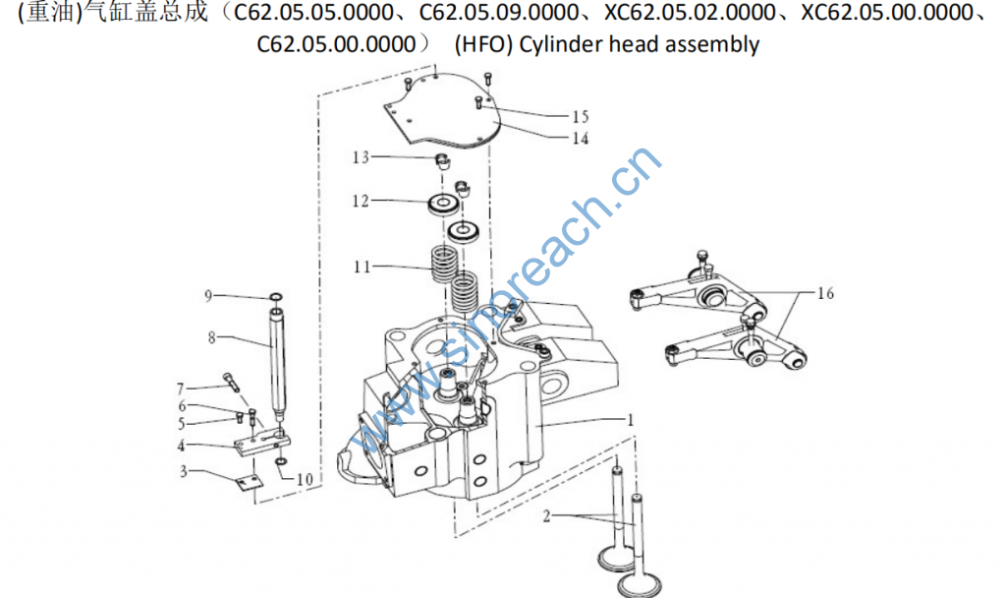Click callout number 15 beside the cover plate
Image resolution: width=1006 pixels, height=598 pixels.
click(580, 116)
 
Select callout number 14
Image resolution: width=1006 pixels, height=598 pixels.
click(580, 138)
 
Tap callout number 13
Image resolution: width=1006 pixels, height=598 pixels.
click(361, 157)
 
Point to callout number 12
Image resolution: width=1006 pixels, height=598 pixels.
click(361, 201)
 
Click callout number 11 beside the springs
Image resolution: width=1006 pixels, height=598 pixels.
click(363, 267)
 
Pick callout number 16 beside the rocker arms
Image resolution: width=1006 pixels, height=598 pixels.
click(825, 293)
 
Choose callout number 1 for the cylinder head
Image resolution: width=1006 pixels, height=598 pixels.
click(630, 420)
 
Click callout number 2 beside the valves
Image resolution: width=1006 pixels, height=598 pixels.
click(546, 516)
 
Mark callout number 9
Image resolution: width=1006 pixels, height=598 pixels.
click(208, 296)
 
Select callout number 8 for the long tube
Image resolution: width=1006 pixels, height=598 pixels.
click(211, 337)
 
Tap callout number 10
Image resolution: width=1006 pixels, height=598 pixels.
click(305, 479)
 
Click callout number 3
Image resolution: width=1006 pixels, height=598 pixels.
click(183, 471)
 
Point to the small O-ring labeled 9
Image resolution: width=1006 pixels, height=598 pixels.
click(276, 297)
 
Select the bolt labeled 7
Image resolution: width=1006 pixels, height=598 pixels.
click(231, 382)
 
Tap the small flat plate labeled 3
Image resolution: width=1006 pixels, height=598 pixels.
click(248, 482)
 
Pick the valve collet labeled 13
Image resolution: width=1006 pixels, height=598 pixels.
click(441, 160)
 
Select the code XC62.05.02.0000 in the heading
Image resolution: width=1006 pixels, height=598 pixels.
click(690, 12)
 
